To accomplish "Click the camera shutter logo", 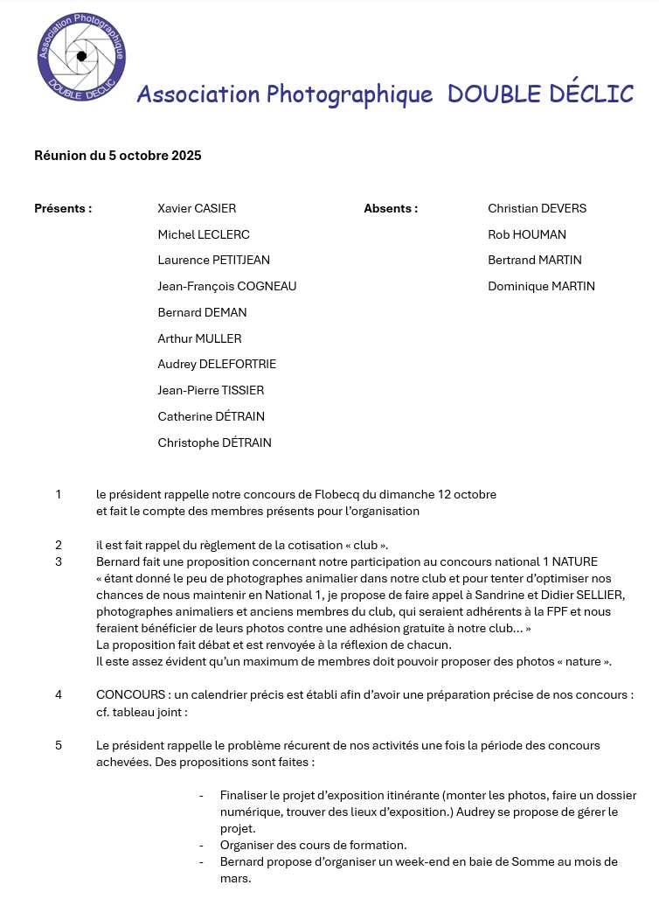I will point(81,55).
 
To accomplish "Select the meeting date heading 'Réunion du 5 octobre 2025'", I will point(118,156).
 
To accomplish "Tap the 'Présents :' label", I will point(63,208).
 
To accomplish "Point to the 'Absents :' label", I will point(391,208).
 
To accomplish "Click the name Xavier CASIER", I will point(197,208).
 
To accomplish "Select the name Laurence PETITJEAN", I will point(213,260).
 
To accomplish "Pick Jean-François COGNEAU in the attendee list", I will point(227,286).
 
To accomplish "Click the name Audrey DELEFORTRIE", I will point(217,364).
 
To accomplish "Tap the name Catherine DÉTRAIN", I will point(211,416).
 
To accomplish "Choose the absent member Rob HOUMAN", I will point(527,234).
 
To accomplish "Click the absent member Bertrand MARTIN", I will point(535,260).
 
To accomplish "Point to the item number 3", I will point(59,561).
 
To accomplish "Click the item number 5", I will point(59,745).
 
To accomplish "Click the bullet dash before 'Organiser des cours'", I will point(202,845).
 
